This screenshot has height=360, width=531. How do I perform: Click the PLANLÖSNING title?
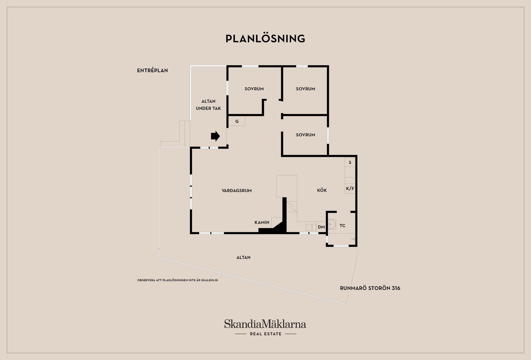(265, 39)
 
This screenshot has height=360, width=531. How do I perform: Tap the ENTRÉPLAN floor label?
(152, 71)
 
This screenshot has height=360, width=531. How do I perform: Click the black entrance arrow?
(215, 136)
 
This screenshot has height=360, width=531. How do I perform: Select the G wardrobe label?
(237, 121)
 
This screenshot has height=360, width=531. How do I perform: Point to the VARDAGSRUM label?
(237, 191)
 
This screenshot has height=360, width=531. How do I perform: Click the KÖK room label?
(322, 190)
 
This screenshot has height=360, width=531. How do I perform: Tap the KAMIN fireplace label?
(262, 222)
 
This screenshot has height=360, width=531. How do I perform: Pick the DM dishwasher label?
(321, 227)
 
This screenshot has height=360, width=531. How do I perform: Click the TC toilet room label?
(342, 226)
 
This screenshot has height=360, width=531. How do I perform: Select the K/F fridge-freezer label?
(350, 189)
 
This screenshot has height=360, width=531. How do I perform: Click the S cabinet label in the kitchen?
(350, 162)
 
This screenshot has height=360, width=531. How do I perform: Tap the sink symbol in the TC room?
(332, 224)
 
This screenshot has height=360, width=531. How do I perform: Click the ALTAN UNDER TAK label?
(208, 105)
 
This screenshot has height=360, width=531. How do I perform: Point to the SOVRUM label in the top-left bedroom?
(254, 89)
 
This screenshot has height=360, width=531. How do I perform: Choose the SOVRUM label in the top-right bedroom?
(305, 89)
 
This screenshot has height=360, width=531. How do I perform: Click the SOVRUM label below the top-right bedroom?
(305, 135)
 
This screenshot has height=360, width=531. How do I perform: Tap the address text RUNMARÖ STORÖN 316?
(370, 288)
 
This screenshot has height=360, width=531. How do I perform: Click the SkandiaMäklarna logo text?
(265, 324)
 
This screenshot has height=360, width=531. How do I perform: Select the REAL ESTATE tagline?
(265, 334)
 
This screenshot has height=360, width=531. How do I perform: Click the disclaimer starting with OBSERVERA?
(178, 280)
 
